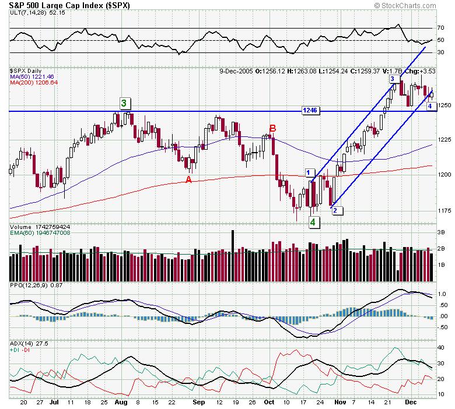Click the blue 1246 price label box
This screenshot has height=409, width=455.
click(x=310, y=110)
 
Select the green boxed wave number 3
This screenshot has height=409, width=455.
click(x=124, y=103)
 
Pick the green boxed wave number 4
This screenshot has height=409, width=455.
click(x=313, y=222)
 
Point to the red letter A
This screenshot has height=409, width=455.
click(x=188, y=179)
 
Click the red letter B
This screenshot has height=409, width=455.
click(x=272, y=128)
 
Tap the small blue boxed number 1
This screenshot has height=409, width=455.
click(x=307, y=172)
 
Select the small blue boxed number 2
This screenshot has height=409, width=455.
click(x=335, y=210)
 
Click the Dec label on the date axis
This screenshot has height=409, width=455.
click(x=411, y=402)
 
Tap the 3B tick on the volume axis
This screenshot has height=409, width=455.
click(x=442, y=231)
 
